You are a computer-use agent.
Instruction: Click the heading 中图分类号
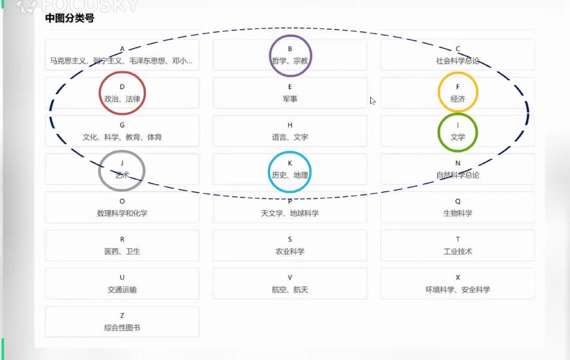click(69, 19)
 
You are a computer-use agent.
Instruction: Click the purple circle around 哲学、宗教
click(290, 55)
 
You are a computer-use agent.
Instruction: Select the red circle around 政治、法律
click(122, 93)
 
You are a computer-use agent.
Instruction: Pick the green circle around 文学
click(458, 132)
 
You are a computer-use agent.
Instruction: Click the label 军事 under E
click(290, 99)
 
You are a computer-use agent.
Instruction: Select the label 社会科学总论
click(458, 61)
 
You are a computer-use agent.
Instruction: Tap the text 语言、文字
click(290, 137)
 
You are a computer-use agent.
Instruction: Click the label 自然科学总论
click(458, 175)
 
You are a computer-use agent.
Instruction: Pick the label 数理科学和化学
click(122, 213)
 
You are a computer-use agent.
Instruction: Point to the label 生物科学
click(458, 213)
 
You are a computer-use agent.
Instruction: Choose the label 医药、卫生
click(122, 251)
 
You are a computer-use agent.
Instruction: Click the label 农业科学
click(290, 251)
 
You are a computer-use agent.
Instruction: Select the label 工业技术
click(458, 251)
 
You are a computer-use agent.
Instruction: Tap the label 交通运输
click(122, 290)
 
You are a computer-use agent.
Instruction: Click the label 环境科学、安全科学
click(458, 290)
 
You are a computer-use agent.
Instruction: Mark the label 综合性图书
click(122, 328)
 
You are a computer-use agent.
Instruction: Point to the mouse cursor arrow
click(372, 100)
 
